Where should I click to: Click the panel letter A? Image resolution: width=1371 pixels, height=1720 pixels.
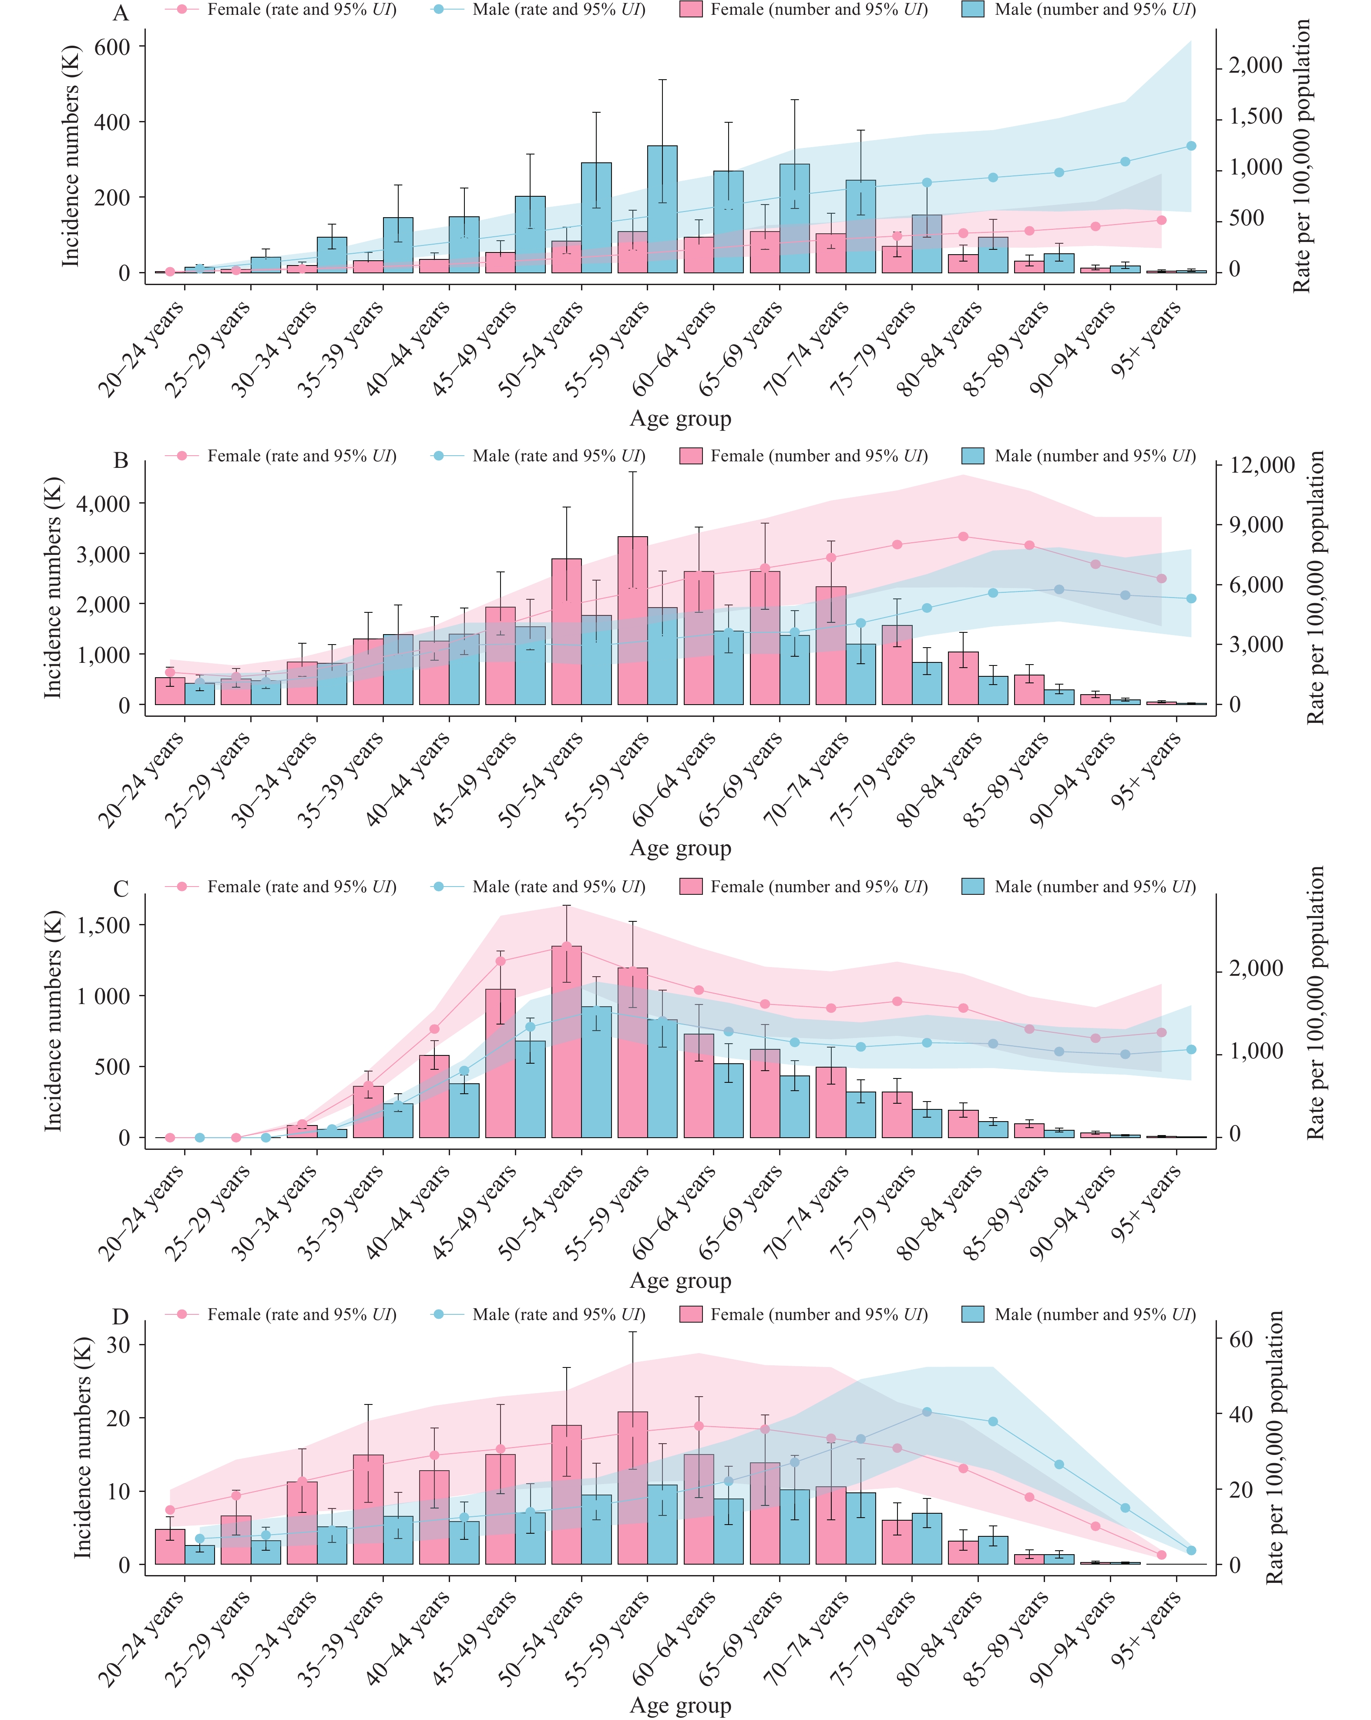click(x=121, y=13)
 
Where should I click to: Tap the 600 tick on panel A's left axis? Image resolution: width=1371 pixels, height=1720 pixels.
click(x=112, y=47)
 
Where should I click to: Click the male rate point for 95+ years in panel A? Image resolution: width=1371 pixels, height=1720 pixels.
click(x=1191, y=146)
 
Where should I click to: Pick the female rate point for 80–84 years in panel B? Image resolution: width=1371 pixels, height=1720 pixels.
click(x=963, y=537)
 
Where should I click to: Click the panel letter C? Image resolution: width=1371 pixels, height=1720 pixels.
click(x=121, y=889)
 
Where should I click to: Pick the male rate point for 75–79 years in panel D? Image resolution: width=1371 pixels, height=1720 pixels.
click(x=927, y=1412)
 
